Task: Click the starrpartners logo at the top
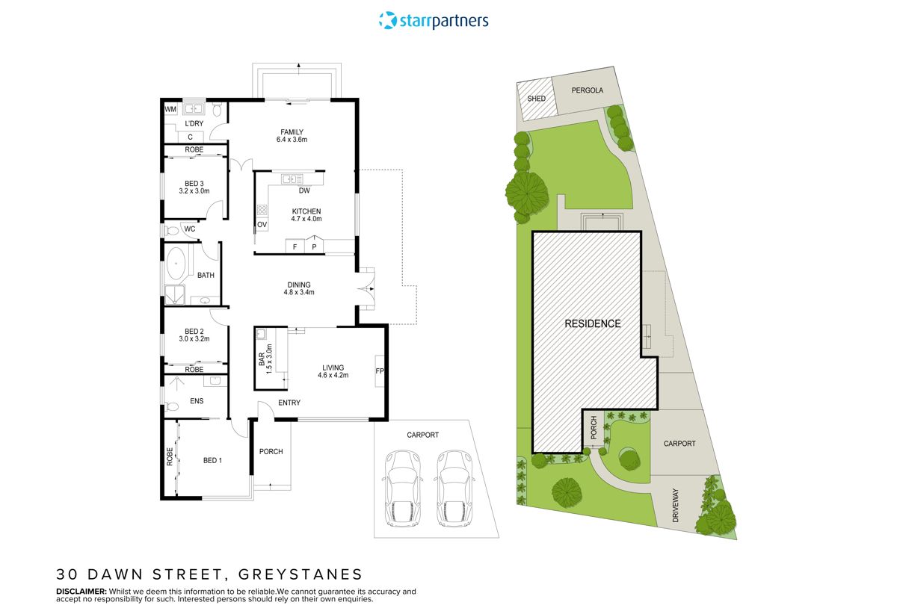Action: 434,20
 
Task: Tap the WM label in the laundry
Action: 170,109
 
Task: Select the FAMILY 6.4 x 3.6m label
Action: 292,136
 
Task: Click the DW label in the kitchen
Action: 304,190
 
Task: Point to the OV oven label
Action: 262,224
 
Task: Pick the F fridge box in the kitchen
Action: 295,246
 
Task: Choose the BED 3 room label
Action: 194,187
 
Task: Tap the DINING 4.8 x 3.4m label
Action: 299,288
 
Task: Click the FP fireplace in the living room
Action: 380,370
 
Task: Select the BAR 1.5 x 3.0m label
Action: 266,359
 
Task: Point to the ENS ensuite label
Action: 197,401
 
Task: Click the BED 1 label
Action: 212,460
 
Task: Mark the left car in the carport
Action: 401,489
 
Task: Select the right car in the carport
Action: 452,489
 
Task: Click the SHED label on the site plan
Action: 536,99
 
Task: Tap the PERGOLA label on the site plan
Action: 587,90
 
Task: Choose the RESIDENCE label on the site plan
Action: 592,323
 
